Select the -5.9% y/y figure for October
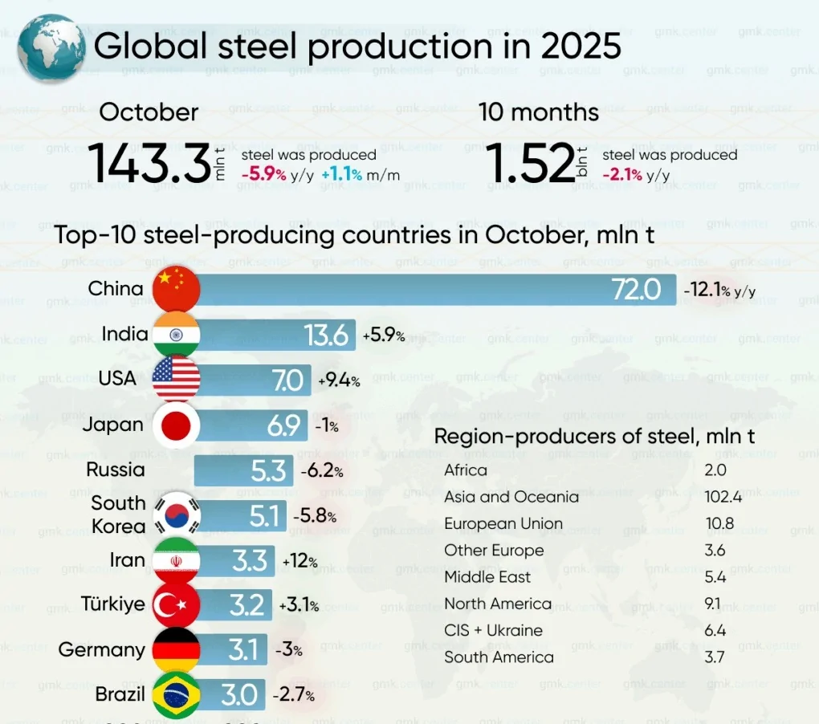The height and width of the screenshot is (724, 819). [264, 175]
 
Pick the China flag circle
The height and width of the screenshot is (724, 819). [175, 289]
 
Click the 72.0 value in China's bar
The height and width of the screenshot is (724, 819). [636, 290]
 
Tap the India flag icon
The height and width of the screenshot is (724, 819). [175, 334]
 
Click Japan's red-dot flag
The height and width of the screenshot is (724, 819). [175, 425]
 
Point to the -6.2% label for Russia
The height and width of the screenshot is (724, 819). [322, 471]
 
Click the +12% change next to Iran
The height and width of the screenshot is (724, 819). [299, 561]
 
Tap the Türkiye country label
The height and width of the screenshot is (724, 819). [113, 604]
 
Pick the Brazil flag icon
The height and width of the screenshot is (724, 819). [175, 694]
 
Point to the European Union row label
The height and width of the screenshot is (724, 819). [503, 523]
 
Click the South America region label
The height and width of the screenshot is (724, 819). [499, 657]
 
